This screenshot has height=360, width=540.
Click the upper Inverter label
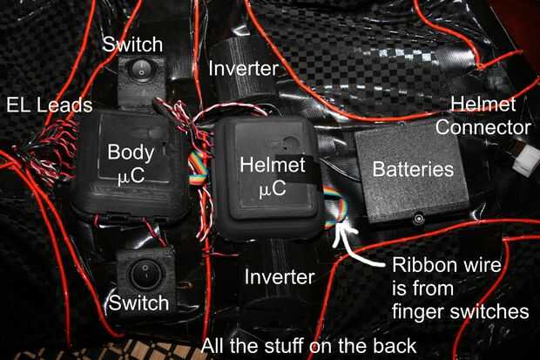click(243, 67)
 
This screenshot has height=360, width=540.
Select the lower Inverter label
click(280, 278)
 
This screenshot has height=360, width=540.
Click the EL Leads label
click(49, 106)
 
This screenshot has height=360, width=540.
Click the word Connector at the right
click(483, 128)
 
